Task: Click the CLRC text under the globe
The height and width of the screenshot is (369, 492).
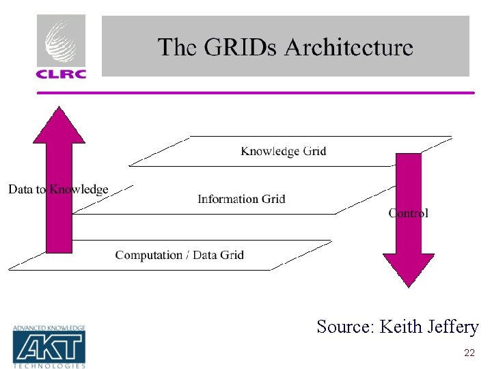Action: [61, 72]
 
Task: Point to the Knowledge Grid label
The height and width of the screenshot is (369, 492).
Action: [283, 151]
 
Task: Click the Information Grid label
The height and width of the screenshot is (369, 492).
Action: [241, 199]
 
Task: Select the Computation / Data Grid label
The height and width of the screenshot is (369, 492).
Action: [179, 255]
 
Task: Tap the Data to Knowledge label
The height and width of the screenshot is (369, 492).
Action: [58, 189]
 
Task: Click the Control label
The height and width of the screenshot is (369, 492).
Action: [409, 213]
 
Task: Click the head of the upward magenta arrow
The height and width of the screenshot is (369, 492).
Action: [59, 126]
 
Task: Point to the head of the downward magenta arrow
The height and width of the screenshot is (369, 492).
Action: [408, 269]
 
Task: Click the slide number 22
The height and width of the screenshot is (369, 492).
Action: [469, 353]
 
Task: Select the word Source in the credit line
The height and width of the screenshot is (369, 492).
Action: [344, 327]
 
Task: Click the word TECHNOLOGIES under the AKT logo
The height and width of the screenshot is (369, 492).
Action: [49, 366]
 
